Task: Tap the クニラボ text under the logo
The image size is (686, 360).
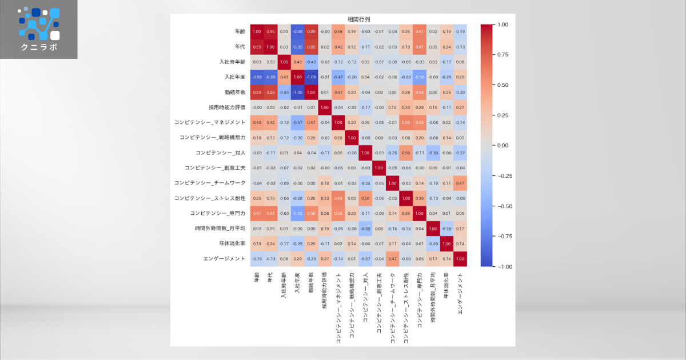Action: (x=39, y=47)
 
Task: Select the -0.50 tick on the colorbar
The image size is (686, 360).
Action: (x=505, y=206)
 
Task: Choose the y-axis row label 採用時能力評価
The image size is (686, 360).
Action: (x=227, y=107)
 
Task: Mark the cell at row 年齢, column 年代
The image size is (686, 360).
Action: (x=270, y=31)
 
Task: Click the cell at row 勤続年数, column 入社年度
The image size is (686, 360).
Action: (x=298, y=92)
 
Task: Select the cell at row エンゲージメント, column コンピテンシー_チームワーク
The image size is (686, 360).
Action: (x=392, y=258)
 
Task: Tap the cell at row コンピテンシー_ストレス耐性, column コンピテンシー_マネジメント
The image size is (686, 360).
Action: (x=338, y=198)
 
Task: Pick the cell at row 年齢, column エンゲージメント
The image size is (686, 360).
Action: (x=460, y=31)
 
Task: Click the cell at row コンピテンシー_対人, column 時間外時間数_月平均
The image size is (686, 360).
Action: (x=433, y=153)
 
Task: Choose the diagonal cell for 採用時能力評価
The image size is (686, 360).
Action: (x=325, y=107)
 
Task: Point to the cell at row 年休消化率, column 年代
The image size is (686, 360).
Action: (x=270, y=243)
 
